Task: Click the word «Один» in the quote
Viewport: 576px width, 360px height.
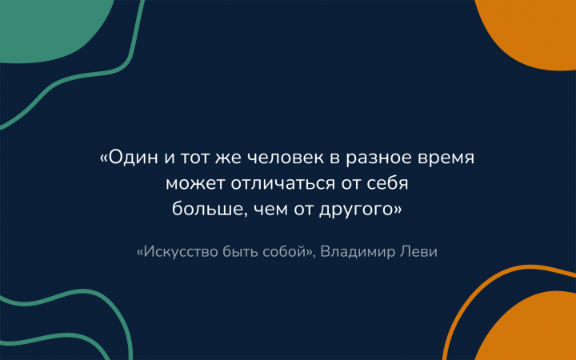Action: coord(129,158)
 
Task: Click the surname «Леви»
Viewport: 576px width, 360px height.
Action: coord(418,252)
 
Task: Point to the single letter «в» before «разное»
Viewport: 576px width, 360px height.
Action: coord(334,158)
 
